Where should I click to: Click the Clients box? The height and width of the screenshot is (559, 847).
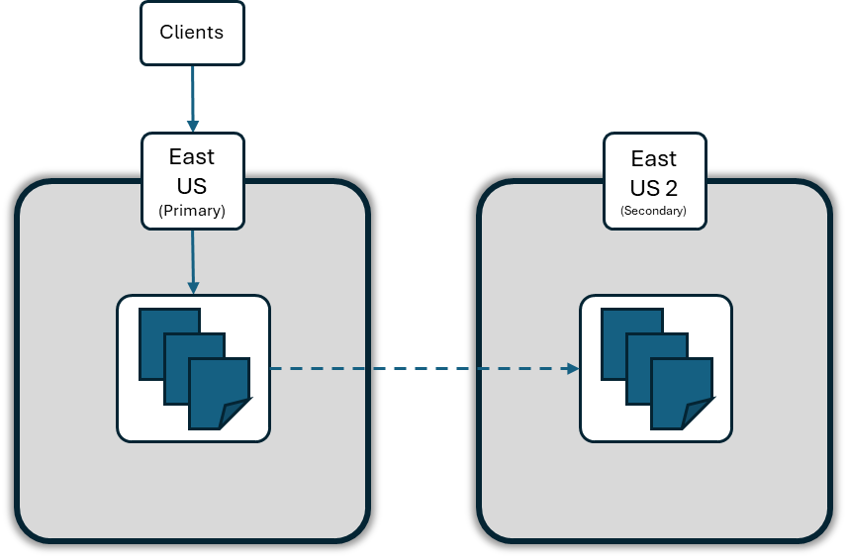pyautogui.click(x=192, y=33)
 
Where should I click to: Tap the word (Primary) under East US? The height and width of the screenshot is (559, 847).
pyautogui.click(x=192, y=210)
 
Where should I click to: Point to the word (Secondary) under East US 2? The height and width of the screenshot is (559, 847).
pyautogui.click(x=654, y=211)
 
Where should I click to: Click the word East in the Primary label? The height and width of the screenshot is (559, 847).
pyautogui.click(x=192, y=156)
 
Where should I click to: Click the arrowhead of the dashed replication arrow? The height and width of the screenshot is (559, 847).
pyautogui.click(x=572, y=369)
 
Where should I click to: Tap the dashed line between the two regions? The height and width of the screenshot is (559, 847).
pyautogui.click(x=416, y=369)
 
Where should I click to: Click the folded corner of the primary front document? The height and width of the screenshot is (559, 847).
pyautogui.click(x=238, y=416)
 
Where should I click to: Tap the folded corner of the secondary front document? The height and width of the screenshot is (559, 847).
pyautogui.click(x=702, y=416)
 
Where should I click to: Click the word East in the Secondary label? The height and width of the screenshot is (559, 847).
pyautogui.click(x=654, y=158)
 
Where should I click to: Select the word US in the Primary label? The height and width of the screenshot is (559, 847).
pyautogui.click(x=192, y=184)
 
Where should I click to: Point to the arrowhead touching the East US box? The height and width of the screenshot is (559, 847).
pyautogui.click(x=192, y=126)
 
